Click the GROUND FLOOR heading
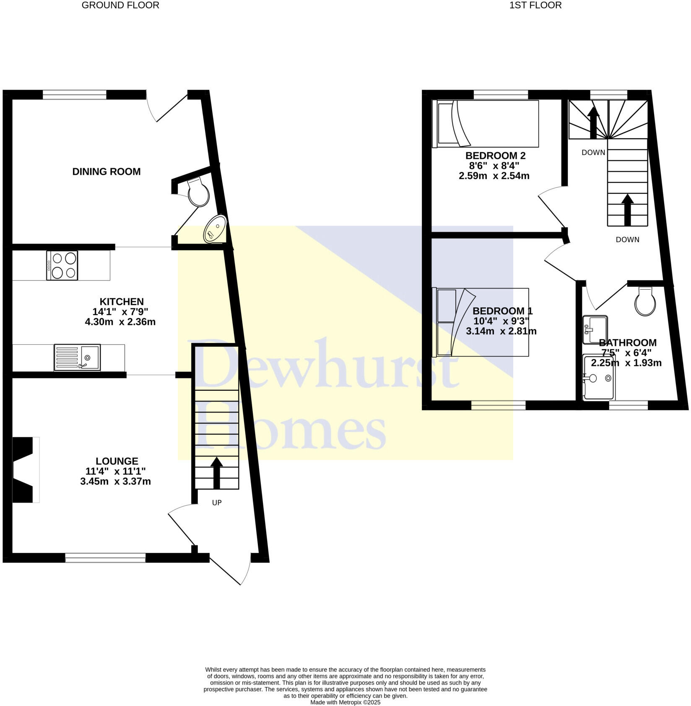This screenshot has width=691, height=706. (x=120, y=5)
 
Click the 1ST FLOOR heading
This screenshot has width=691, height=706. (x=535, y=5)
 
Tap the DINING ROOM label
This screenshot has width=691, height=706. (x=107, y=171)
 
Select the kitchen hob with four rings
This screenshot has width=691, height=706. (x=62, y=265)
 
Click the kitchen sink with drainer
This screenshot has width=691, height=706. (x=77, y=358)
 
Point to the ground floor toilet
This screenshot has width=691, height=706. (x=198, y=192)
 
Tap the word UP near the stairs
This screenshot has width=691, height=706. (x=217, y=503)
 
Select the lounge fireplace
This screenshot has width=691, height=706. (x=24, y=470)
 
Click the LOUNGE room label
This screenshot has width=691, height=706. (x=117, y=462)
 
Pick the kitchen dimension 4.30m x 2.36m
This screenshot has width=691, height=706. (x=120, y=322)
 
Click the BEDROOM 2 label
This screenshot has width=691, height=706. (x=495, y=156)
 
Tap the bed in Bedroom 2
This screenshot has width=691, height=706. (x=486, y=124)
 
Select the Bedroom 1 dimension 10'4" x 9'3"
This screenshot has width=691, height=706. (x=501, y=321)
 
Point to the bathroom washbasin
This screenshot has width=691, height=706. (x=595, y=329)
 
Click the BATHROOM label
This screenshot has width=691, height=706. (x=628, y=343)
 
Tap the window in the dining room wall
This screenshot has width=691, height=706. (x=75, y=95)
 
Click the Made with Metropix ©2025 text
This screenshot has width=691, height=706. (x=345, y=702)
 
